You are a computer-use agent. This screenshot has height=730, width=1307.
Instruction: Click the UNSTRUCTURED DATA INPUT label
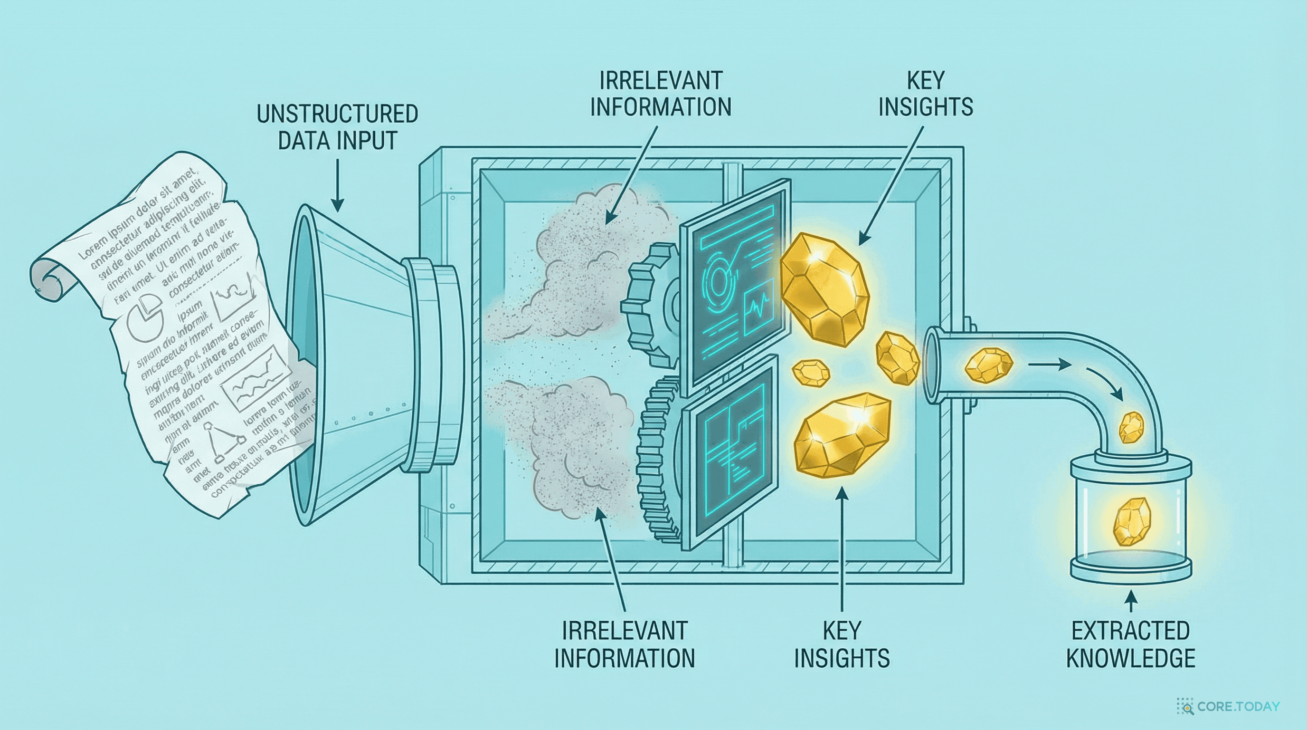pos(337,127)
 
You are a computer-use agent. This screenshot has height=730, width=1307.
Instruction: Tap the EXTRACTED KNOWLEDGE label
pos(1130,645)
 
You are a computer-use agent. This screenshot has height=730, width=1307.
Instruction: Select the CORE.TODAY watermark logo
pos(1228,707)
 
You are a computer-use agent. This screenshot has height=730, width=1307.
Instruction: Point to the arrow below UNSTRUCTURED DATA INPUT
pos(337,185)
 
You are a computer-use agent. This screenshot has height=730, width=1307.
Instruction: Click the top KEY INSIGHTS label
pos(926,95)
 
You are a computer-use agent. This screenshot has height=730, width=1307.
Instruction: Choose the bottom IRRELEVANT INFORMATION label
pos(624,645)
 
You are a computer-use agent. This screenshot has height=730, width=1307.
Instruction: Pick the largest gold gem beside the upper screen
pos(824,289)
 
